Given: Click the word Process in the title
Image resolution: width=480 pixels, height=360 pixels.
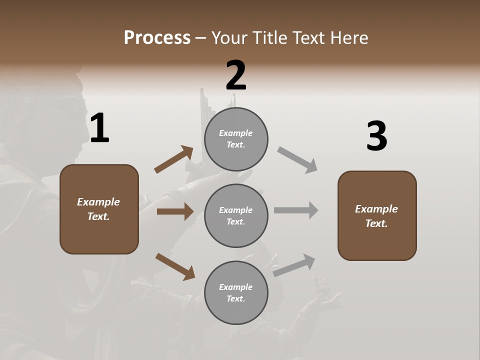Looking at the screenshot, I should tap(157, 38).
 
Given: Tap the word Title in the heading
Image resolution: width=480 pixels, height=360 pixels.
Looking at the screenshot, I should tap(269, 38).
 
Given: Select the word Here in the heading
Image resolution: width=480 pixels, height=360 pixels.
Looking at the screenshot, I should tap(348, 38).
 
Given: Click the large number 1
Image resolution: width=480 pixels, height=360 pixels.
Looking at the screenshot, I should tap(99, 128).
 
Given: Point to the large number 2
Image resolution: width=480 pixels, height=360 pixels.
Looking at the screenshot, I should tap(236, 75).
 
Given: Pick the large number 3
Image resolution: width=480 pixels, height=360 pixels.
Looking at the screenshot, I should tap(376, 136).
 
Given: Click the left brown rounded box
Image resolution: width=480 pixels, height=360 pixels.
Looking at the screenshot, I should tap(99, 209).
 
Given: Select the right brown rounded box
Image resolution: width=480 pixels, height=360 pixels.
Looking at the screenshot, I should tap(377, 215).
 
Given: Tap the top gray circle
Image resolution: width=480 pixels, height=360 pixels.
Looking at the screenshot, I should tap(236, 139).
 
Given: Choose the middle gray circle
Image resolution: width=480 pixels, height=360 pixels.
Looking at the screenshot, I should tap(236, 215).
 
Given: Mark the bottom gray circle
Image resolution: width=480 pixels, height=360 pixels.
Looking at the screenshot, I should tap(236, 292).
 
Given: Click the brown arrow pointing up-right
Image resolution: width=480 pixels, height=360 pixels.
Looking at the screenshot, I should tap(173, 160).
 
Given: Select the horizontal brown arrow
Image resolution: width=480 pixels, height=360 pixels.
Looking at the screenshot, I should tap(175, 211).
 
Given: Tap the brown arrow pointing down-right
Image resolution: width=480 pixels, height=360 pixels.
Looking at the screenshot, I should tap(175, 266).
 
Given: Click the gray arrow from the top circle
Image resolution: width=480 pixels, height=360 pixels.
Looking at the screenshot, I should tap(297, 160).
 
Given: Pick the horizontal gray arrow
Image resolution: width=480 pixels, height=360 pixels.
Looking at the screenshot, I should tap(296, 210).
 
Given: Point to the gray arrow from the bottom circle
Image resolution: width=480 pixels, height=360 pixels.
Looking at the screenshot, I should tap(294, 265).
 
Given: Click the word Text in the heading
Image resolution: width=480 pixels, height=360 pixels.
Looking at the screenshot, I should tap(308, 38).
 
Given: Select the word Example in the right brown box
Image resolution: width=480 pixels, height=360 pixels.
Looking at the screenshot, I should tap(376, 209).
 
